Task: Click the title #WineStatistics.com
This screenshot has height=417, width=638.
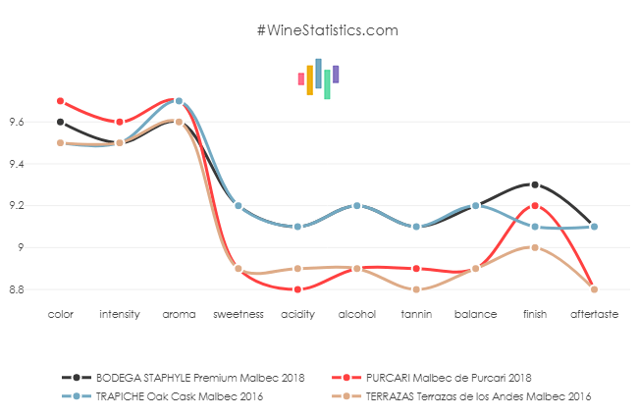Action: (x=327, y=29)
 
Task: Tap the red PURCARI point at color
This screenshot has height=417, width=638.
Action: (x=60, y=101)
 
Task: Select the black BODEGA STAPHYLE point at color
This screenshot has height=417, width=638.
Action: (x=60, y=122)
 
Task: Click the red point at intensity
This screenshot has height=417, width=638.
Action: (x=120, y=122)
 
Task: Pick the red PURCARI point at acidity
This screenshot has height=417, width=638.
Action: (x=297, y=289)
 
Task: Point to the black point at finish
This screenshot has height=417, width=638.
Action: (x=534, y=184)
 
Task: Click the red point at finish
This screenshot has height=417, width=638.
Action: (x=534, y=205)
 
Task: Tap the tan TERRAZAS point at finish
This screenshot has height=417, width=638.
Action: (x=534, y=247)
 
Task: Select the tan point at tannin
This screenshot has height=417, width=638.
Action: (x=416, y=289)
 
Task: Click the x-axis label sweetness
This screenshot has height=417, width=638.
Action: (x=238, y=315)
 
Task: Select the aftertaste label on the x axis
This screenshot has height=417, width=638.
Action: (x=593, y=315)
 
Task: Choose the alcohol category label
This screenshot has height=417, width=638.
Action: (x=356, y=315)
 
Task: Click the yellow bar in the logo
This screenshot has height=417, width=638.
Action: (x=309, y=79)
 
